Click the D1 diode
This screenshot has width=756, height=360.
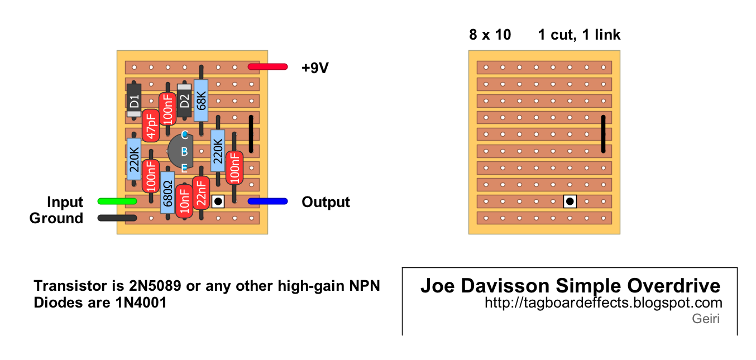[x=134, y=100]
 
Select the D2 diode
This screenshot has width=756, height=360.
[x=184, y=100]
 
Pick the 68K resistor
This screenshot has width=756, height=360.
[x=201, y=100]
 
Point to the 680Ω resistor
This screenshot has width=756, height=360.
[x=167, y=192]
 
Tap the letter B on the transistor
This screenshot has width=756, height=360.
[x=184, y=151]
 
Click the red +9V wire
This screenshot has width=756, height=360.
[x=267, y=67]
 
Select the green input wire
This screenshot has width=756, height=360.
[x=117, y=201]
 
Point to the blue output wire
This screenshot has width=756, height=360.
[x=267, y=201]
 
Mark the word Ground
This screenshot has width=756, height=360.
[x=56, y=218]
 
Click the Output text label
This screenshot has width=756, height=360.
[x=326, y=202]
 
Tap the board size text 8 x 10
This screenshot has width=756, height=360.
[x=490, y=35]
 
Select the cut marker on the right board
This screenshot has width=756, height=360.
[x=570, y=201]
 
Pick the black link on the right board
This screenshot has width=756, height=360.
[x=603, y=134]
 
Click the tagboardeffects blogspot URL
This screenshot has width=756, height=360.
[x=604, y=303]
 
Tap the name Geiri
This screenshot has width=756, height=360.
[x=706, y=319]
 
